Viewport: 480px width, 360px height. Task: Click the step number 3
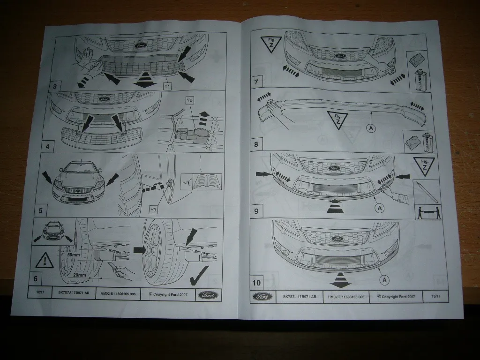55,86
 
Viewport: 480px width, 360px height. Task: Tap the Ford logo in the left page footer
207,295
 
